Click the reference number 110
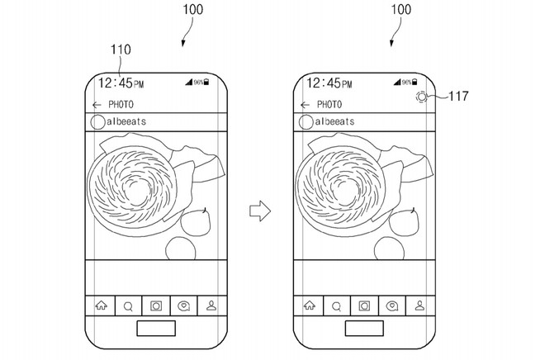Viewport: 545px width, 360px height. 121,50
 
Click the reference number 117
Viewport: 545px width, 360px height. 458,96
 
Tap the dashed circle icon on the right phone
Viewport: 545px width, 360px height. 421,97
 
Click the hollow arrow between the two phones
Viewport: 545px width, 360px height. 260,211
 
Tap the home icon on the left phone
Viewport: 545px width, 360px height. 101,306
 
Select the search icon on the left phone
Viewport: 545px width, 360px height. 128,306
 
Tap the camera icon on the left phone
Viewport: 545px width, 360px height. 156,306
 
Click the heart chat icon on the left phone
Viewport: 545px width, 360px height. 183,306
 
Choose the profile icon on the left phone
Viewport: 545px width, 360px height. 211,306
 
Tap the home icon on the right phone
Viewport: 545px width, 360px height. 310,306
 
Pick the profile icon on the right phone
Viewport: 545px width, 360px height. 419,306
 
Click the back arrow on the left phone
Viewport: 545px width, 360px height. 97,105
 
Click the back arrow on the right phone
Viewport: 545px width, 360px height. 305,105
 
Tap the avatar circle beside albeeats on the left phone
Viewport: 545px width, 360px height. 97,122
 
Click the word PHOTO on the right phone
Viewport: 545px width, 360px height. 329,104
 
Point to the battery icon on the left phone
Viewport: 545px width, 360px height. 206,82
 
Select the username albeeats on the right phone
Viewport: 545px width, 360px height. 334,121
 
